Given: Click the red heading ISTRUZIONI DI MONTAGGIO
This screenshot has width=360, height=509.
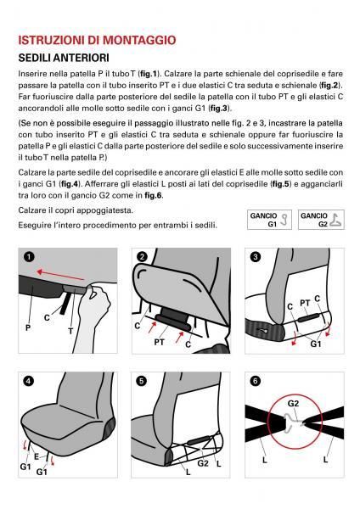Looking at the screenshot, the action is click(x=97, y=40).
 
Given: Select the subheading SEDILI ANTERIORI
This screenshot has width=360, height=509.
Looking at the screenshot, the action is click(x=64, y=58).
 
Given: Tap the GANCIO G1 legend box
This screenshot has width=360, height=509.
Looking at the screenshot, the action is click(x=269, y=220).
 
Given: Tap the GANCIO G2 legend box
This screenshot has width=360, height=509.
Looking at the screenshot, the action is click(x=321, y=220).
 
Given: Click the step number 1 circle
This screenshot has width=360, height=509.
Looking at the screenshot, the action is click(x=29, y=257).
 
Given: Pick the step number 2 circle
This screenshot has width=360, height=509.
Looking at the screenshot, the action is click(x=143, y=257).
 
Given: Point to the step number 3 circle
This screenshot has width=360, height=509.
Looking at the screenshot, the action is click(x=256, y=257).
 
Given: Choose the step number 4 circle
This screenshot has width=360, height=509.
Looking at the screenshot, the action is click(x=29, y=381).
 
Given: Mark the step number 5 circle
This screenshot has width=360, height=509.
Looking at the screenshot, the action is click(x=142, y=381).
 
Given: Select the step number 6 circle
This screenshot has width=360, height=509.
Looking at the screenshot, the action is click(x=256, y=381).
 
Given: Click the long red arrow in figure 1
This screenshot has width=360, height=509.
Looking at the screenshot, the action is click(x=60, y=275).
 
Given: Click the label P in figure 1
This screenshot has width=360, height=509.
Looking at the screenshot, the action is click(x=28, y=327).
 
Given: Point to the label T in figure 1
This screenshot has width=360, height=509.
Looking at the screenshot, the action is click(x=70, y=332).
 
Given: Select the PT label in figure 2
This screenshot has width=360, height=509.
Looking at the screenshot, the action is click(x=160, y=342).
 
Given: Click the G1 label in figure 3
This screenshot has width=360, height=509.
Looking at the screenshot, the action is click(x=316, y=344).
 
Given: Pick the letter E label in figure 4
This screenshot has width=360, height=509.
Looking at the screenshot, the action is click(x=37, y=456).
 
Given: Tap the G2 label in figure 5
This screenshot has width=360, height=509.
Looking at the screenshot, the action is click(x=203, y=463).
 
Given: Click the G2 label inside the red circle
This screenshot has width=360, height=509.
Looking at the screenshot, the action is click(x=293, y=404).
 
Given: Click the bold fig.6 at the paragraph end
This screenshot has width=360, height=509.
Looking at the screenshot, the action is click(x=154, y=195).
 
